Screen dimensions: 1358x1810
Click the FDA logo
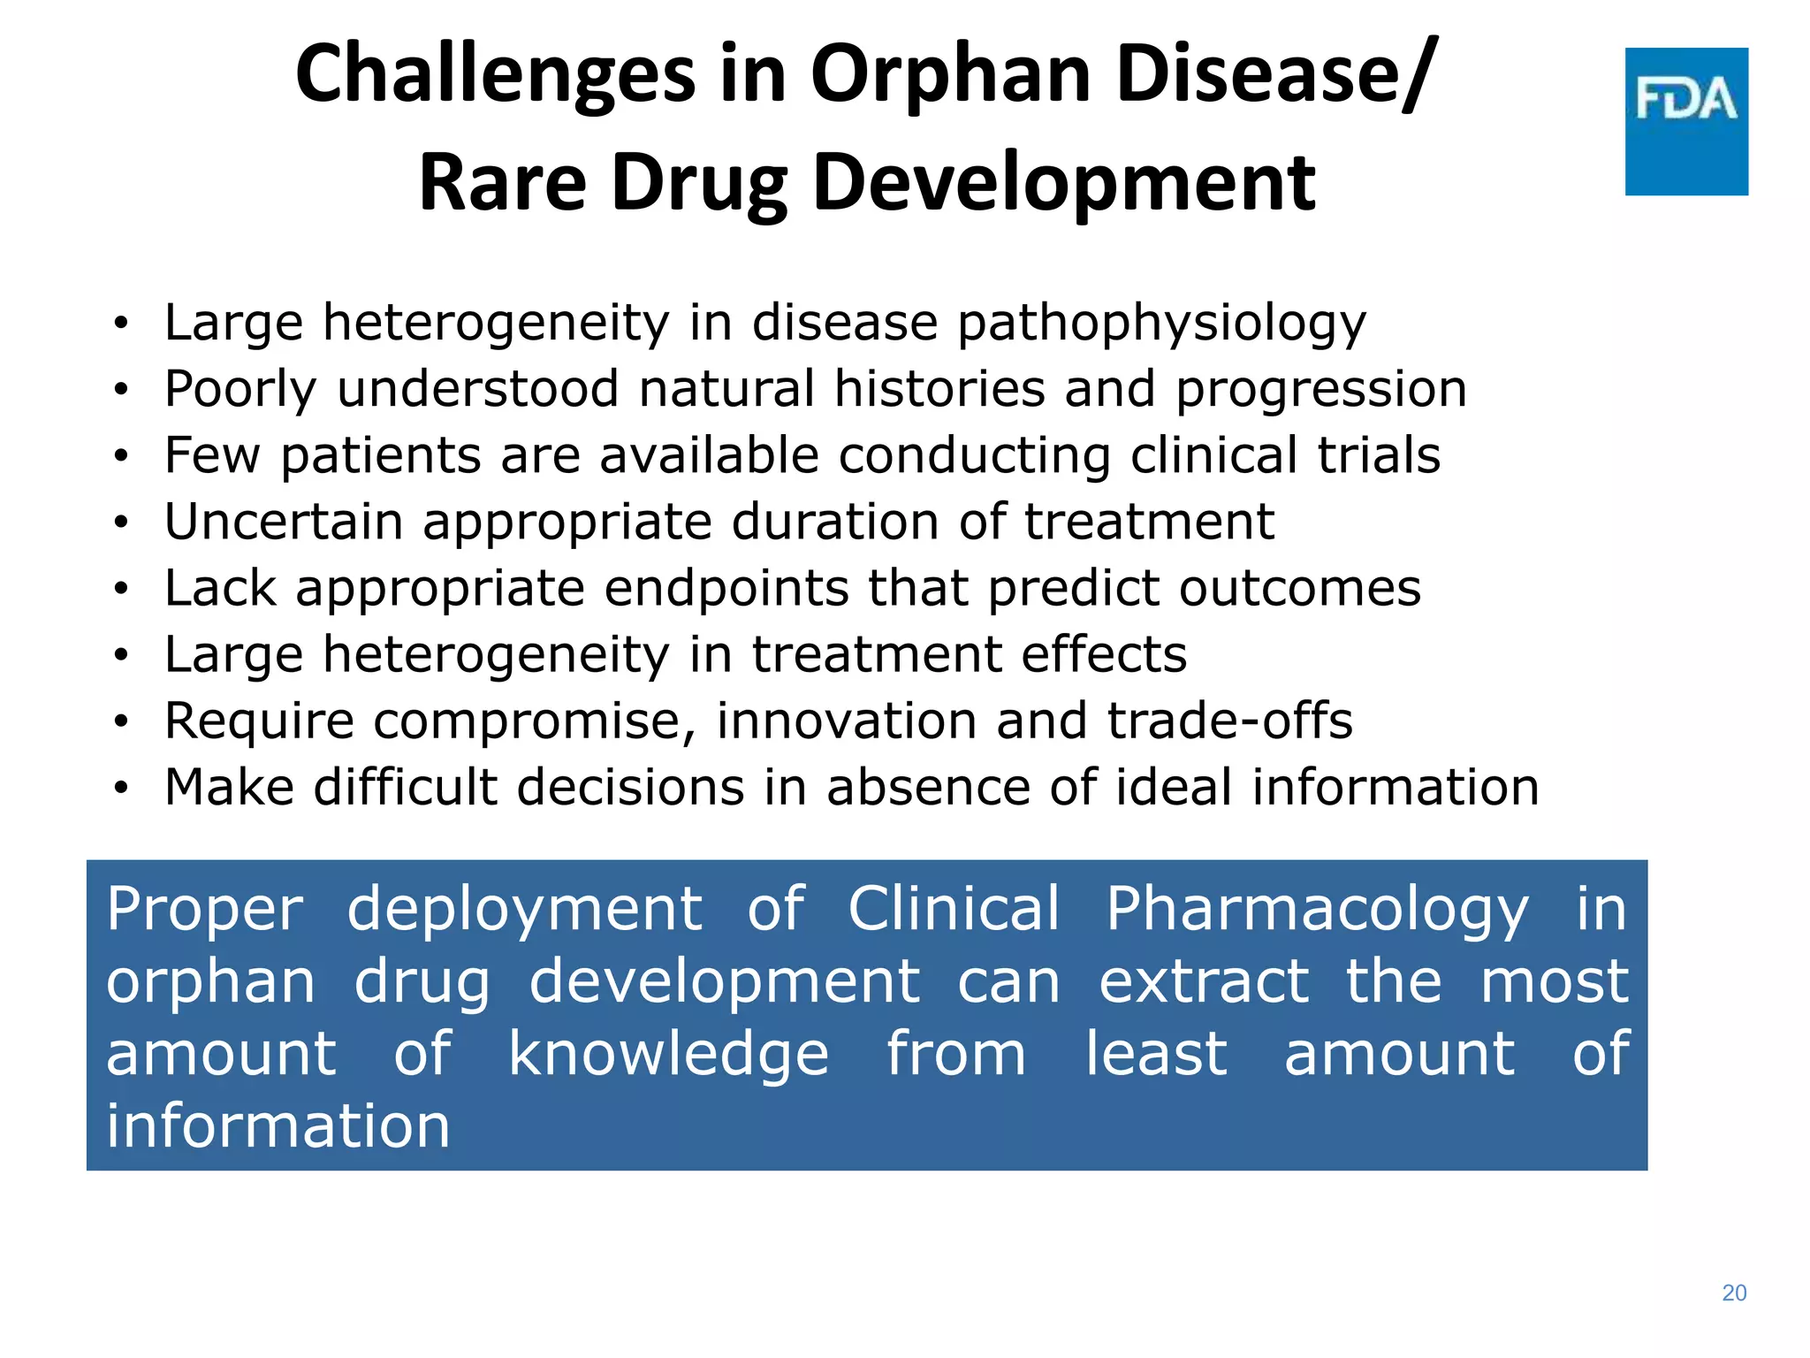(x=1685, y=121)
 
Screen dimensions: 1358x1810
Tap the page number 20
(x=1734, y=1293)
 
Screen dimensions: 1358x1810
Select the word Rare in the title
(x=502, y=183)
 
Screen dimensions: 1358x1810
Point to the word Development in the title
(x=1063, y=183)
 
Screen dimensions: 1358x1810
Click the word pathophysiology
(x=1161, y=324)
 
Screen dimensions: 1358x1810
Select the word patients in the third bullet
(x=380, y=456)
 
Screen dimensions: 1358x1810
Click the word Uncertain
(x=284, y=522)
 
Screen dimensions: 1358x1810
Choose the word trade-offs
(x=1229, y=721)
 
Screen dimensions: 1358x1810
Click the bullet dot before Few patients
(x=121, y=457)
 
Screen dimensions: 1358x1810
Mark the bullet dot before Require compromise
(x=121, y=722)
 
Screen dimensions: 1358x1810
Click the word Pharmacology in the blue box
(x=1317, y=910)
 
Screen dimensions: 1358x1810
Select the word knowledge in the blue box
(x=668, y=1055)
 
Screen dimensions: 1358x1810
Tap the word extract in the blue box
(x=1203, y=982)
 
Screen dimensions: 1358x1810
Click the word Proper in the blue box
(x=205, y=911)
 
